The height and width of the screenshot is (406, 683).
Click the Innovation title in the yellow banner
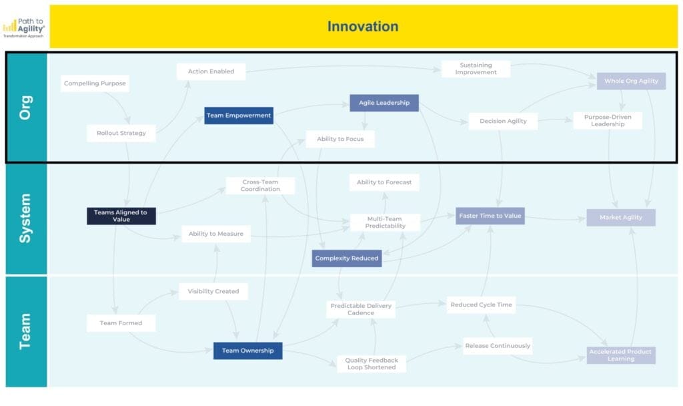tap(363, 27)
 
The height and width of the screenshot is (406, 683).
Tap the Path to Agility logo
tap(24, 27)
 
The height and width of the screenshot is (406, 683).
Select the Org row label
tap(25, 107)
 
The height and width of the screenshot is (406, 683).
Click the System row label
tap(25, 218)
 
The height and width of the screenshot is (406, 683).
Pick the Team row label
tap(25, 332)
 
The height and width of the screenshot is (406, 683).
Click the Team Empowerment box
tap(239, 116)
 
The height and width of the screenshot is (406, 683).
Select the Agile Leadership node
tap(384, 103)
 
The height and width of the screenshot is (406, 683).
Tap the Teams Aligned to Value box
tap(121, 216)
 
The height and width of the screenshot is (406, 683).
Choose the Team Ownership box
tap(247, 351)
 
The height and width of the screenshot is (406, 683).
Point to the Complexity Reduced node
tap(347, 258)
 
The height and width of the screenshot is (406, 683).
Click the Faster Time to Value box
tap(490, 216)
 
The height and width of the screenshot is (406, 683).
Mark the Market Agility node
tap(621, 218)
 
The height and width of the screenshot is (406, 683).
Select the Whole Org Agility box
tap(631, 81)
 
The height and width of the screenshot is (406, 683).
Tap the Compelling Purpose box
tap(95, 83)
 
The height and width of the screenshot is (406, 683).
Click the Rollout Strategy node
tap(121, 133)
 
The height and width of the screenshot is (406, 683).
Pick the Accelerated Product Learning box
tap(621, 355)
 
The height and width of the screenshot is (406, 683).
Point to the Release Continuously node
tap(498, 346)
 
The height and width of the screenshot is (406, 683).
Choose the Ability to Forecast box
tap(384, 182)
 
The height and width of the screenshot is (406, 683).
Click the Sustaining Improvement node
tap(476, 69)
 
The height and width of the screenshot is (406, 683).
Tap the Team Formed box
tap(121, 323)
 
